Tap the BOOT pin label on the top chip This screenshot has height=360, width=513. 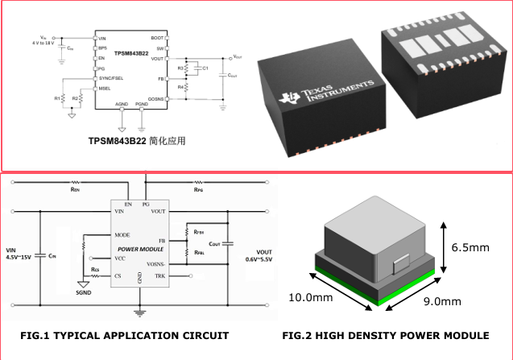[x=158, y=38]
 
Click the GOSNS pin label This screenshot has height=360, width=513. [x=155, y=97]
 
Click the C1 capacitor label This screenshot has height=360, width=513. [x=205, y=68]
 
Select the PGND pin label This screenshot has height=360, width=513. [x=142, y=105]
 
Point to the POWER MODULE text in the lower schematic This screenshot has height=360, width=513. [x=139, y=249]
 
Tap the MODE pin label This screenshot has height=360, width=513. [x=123, y=235]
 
